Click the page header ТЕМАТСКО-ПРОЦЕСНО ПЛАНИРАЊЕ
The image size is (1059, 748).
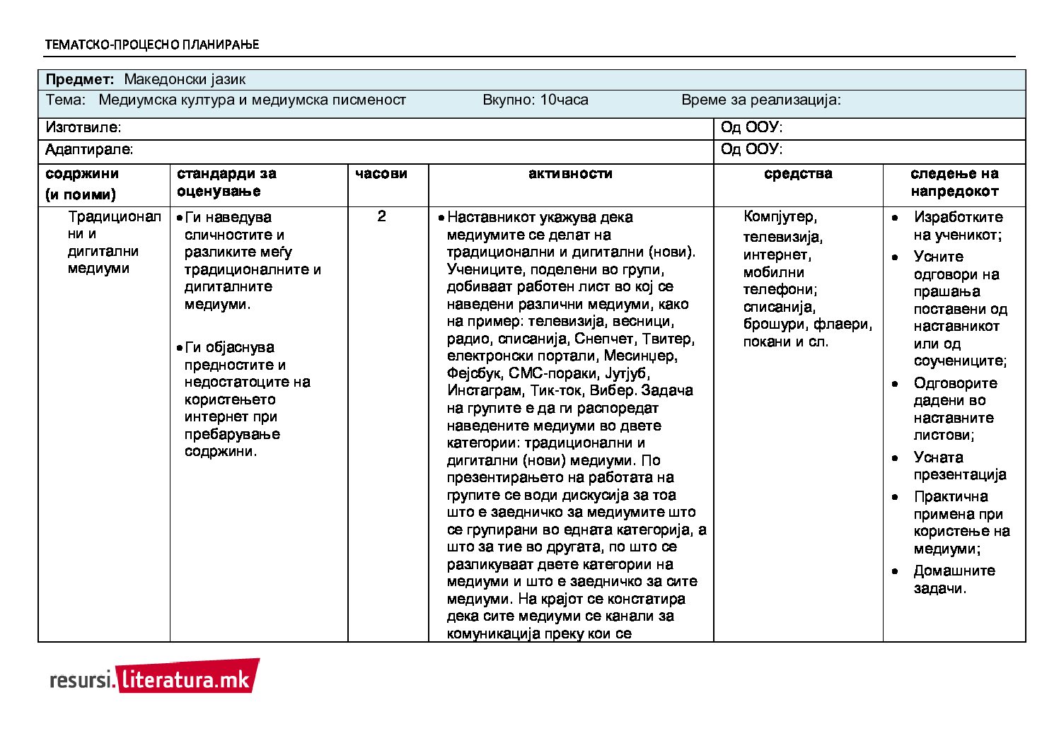pos(151,45)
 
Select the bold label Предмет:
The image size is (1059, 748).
pos(79,79)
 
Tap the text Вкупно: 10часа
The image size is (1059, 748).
pos(535,100)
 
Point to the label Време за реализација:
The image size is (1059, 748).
pos(760,100)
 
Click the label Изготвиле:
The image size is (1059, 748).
pos(83,128)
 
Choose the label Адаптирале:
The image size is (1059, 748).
pos(88,150)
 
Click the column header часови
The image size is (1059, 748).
pos(381,174)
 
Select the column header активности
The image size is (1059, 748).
pos(570,174)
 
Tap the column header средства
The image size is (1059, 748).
pos(798,174)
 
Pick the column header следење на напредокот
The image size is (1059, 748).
pos(954,182)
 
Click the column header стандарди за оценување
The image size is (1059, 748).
pos(226,182)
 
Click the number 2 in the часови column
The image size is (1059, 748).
pos(381,216)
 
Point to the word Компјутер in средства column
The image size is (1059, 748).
pos(779,217)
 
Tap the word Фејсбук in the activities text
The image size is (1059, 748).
pos(474,373)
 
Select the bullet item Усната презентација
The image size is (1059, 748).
pos(959,466)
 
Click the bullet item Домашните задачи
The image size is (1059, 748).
pos(954,579)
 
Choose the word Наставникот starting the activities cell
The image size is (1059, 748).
pos(492,217)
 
